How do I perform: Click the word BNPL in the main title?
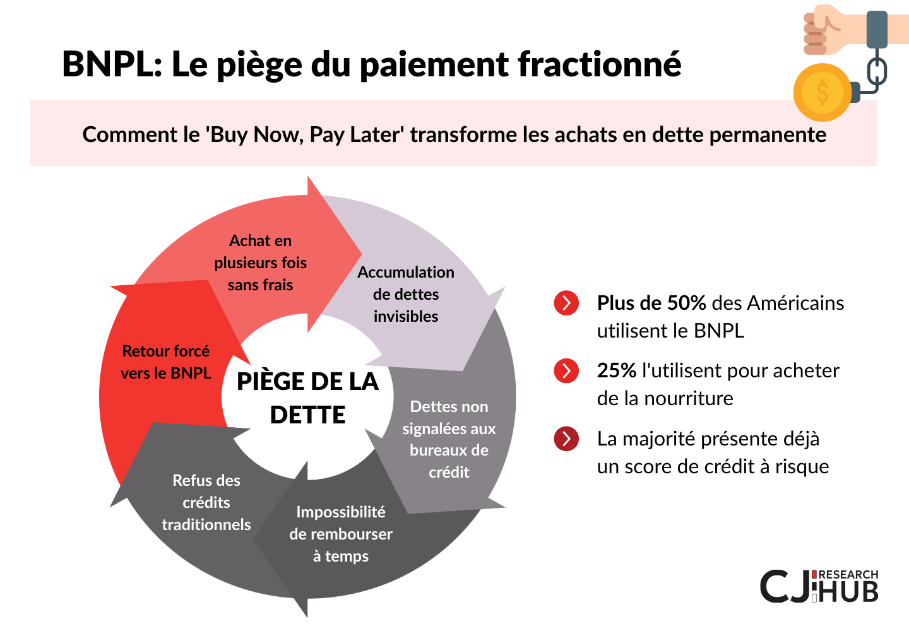pyautogui.click(x=112, y=64)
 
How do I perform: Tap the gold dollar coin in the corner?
pyautogui.click(x=822, y=93)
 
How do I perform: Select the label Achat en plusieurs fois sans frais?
pyautogui.click(x=260, y=262)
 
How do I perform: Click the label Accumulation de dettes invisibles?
pyautogui.click(x=406, y=294)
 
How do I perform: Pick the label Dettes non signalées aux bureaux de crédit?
pyautogui.click(x=449, y=439)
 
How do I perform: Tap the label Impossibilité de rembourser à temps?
pyautogui.click(x=341, y=534)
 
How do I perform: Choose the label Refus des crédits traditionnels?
pyautogui.click(x=206, y=502)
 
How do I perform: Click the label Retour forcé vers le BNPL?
pyautogui.click(x=165, y=362)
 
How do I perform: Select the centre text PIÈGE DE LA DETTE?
pyautogui.click(x=307, y=398)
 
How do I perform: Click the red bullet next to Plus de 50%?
pyautogui.click(x=566, y=303)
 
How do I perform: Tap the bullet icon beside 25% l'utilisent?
pyautogui.click(x=566, y=370)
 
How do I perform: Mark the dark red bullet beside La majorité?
pyautogui.click(x=566, y=439)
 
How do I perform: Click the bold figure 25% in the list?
pyautogui.click(x=616, y=370)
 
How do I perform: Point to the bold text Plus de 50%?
pyautogui.click(x=651, y=302)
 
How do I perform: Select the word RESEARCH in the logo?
pyautogui.click(x=848, y=575)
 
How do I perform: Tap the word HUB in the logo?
pyautogui.click(x=848, y=592)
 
